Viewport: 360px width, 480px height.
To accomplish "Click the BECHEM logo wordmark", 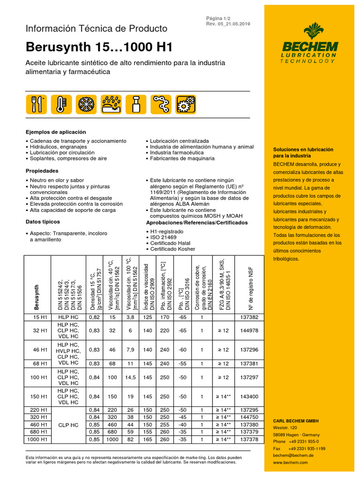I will [309, 47].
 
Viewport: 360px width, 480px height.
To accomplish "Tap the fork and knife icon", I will [36, 104].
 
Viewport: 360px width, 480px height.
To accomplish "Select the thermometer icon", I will [60, 104].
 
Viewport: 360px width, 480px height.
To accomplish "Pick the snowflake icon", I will [84, 104].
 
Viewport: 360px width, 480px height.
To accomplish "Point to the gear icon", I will [186, 104].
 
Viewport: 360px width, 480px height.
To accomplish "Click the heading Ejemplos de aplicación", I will [55, 132].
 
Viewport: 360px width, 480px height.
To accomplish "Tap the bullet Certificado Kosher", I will [172, 249].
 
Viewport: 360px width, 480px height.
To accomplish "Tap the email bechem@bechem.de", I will [293, 455].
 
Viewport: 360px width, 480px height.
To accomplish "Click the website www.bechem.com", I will [291, 462].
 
